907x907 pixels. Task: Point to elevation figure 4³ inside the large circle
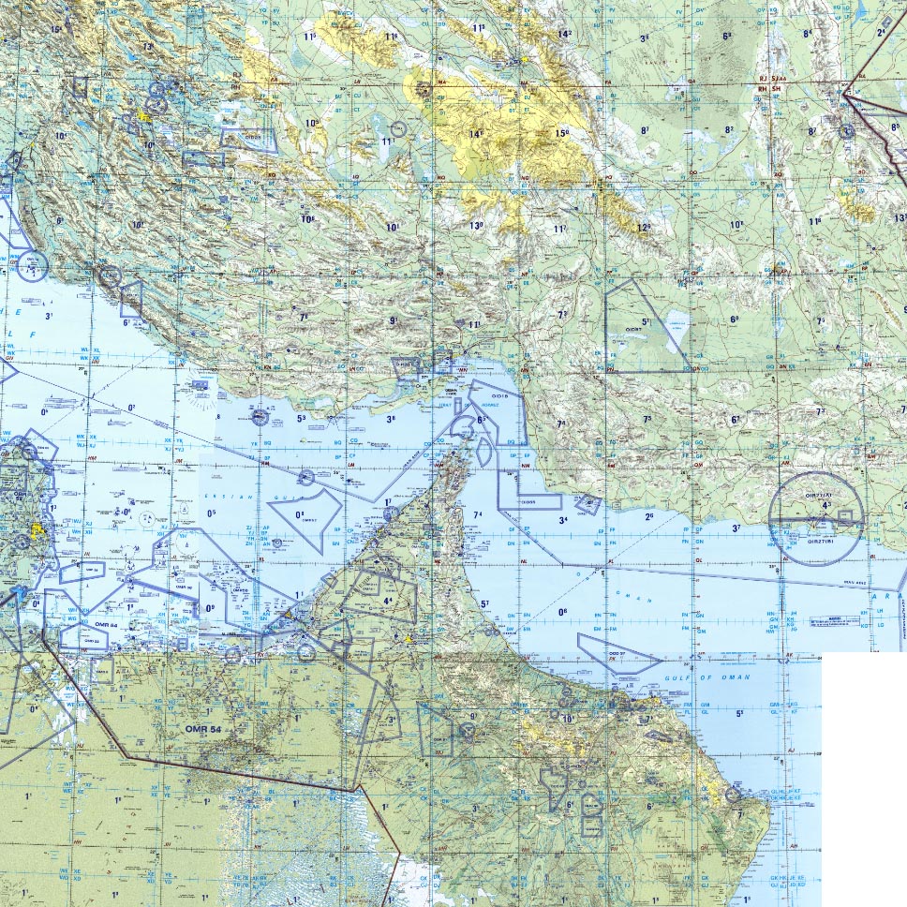point(825,506)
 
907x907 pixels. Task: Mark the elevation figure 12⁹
point(643,228)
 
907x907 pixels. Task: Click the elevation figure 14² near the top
point(564,34)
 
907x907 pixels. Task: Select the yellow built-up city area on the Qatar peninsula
point(38,530)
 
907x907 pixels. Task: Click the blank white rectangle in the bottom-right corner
point(863,778)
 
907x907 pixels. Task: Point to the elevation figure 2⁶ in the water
point(648,516)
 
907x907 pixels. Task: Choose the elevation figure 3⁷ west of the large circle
point(736,528)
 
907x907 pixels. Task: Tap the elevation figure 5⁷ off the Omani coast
point(484,604)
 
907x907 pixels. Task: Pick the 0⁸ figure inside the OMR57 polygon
point(301,514)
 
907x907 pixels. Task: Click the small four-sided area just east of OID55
point(587,504)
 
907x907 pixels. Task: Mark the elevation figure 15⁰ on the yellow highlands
point(561,133)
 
